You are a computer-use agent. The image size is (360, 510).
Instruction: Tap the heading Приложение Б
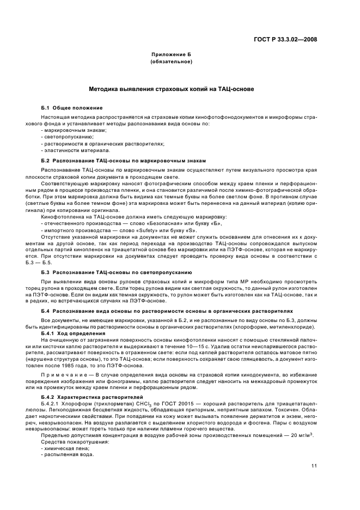(x=171, y=55)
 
